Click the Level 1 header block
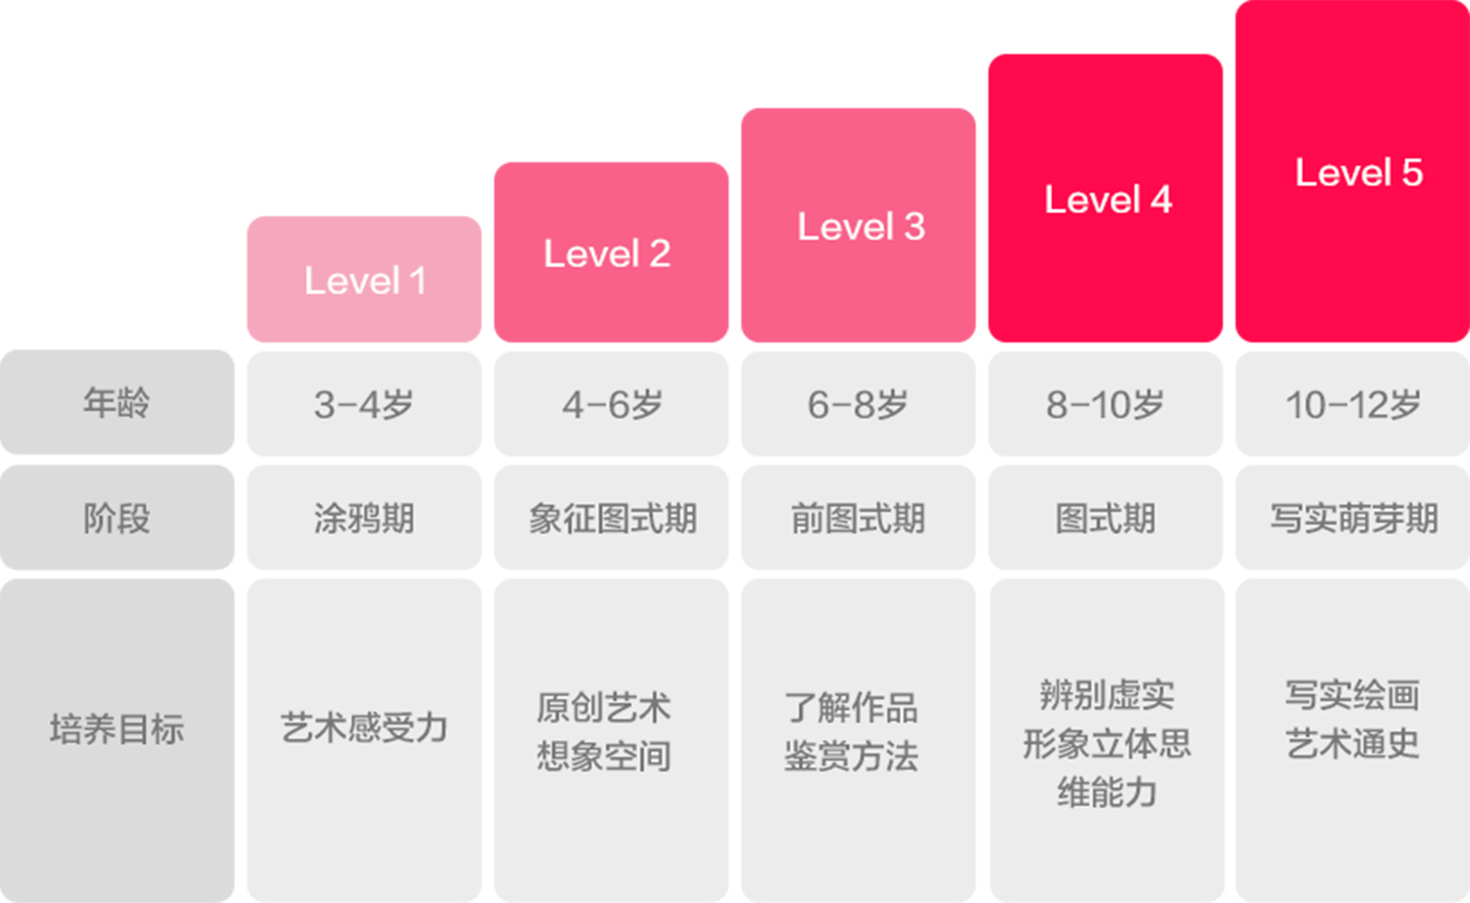click(364, 280)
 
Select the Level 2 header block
click(611, 253)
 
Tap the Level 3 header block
click(859, 226)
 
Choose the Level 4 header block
click(1106, 199)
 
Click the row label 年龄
click(117, 403)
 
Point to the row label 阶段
click(117, 518)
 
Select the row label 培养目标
click(117, 729)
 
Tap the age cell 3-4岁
click(364, 405)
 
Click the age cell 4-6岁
click(611, 405)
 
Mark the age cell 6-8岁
click(859, 405)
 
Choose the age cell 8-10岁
click(1106, 405)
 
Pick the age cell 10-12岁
click(1353, 405)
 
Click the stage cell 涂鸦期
click(364, 518)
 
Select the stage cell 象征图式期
click(611, 518)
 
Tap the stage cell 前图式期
click(859, 518)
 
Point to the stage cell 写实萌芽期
click(1353, 518)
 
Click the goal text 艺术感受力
click(364, 727)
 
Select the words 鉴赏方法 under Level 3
click(851, 756)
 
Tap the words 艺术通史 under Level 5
click(1353, 744)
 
